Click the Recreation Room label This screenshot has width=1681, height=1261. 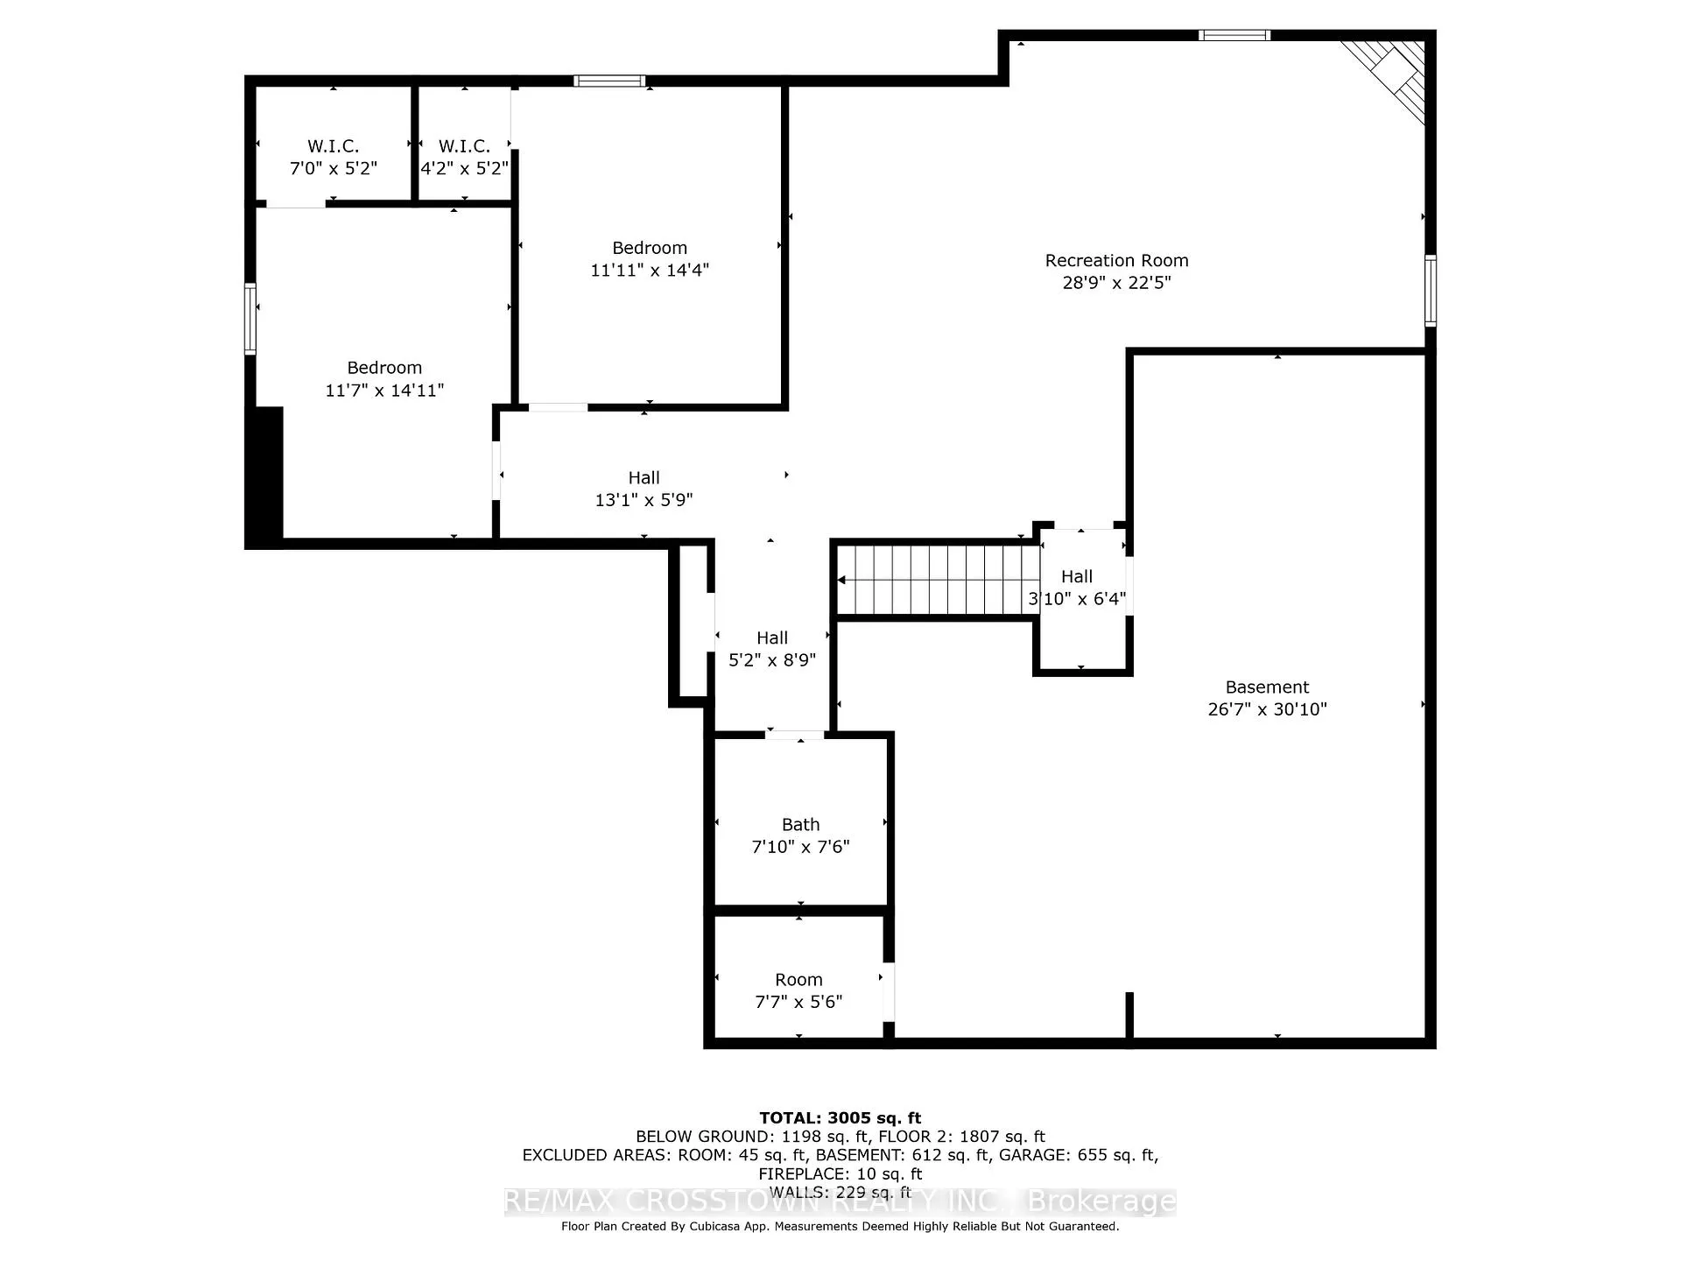click(x=1116, y=260)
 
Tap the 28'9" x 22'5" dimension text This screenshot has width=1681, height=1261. click(x=1116, y=282)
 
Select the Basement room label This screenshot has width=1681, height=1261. click(x=1267, y=687)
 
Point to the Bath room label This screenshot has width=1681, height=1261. click(x=800, y=824)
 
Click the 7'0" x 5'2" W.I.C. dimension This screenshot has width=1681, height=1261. click(x=334, y=167)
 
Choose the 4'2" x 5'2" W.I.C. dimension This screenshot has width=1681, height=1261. click(x=464, y=167)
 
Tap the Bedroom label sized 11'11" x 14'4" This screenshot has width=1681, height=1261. click(x=650, y=248)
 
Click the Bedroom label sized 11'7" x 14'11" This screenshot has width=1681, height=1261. click(x=384, y=368)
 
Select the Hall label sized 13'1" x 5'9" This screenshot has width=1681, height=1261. click(x=644, y=477)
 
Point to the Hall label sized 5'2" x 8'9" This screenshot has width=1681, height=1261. click(x=772, y=638)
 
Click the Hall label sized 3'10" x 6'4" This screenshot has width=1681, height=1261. click(x=1077, y=576)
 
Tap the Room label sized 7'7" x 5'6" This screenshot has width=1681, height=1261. click(x=798, y=979)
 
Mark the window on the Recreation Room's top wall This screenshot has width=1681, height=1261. click(x=1234, y=35)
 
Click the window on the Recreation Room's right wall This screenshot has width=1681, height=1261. click(x=1431, y=290)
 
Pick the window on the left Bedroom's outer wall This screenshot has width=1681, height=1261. click(x=250, y=319)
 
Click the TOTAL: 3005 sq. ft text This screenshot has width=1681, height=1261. click(x=840, y=1117)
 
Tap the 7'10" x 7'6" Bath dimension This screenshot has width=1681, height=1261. click(x=800, y=847)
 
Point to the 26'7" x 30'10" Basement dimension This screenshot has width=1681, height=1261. click(x=1267, y=709)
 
